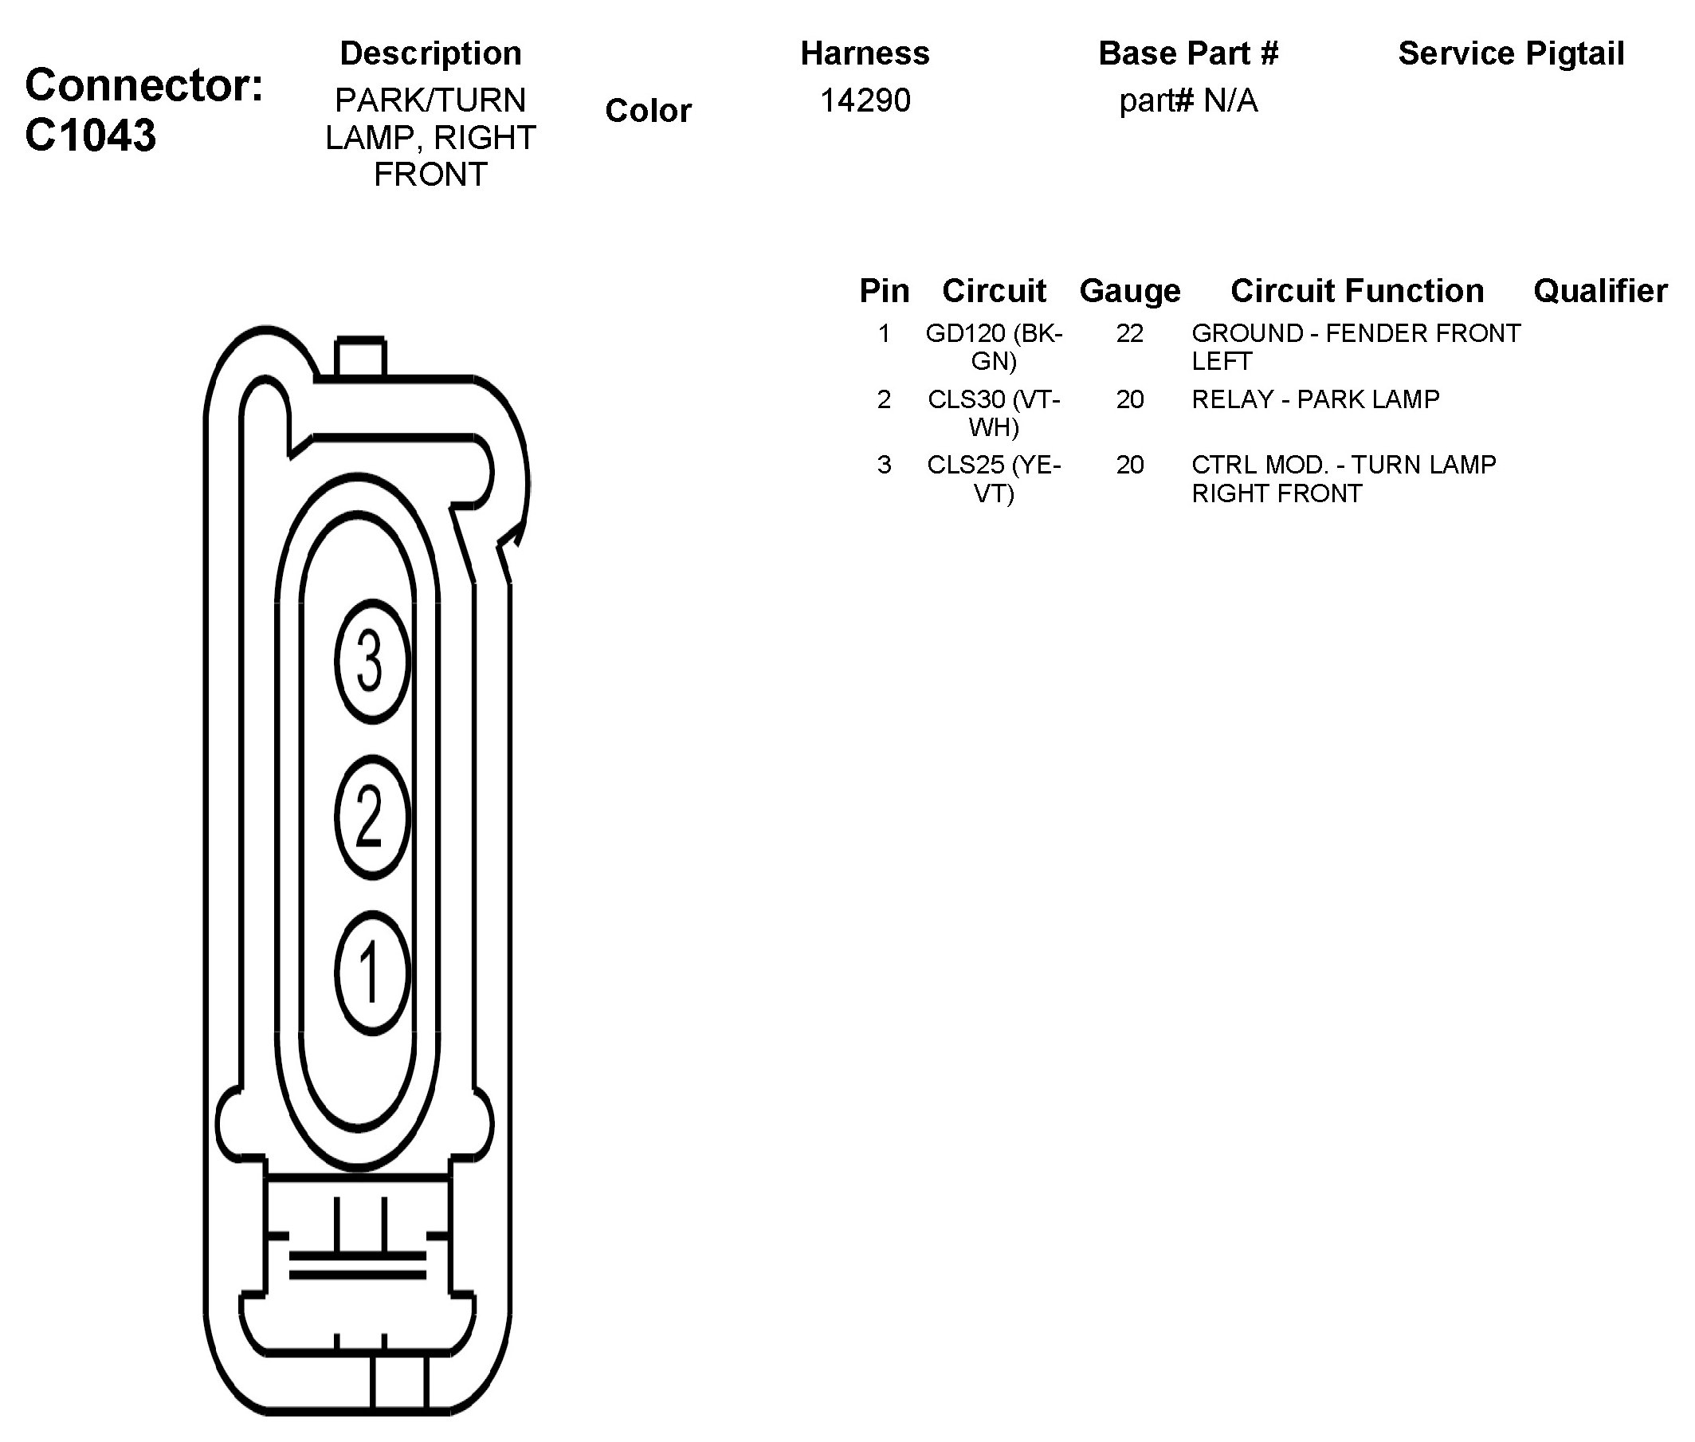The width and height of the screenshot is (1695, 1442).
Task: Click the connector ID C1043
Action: point(90,136)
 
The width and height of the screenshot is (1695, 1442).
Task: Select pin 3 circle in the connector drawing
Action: point(371,662)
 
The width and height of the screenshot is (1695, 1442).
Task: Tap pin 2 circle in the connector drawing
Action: point(371,816)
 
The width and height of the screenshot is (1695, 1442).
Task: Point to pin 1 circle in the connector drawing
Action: point(371,971)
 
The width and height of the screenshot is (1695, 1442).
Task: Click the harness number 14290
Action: point(865,100)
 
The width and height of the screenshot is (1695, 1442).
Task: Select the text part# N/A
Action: point(1187,100)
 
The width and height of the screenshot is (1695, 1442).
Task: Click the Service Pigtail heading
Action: point(1510,54)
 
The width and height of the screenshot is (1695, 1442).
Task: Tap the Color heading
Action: point(648,110)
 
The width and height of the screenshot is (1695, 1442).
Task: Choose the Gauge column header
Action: point(1129,291)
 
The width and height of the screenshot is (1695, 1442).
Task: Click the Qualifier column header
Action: point(1599,291)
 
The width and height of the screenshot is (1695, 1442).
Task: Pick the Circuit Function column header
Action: point(1356,291)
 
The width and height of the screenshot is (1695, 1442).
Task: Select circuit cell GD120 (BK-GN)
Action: point(994,347)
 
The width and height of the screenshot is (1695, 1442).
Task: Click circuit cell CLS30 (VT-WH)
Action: point(994,413)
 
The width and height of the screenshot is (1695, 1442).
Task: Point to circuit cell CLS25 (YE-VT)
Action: point(994,478)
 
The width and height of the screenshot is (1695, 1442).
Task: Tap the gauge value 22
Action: point(1129,333)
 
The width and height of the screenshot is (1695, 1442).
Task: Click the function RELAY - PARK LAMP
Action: point(1315,399)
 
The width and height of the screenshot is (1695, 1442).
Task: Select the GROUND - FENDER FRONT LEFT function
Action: point(1355,347)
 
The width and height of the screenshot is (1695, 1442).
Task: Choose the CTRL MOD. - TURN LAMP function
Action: point(1344,478)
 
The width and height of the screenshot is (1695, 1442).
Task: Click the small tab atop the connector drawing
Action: point(359,356)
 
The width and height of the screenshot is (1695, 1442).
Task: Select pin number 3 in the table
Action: point(884,466)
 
